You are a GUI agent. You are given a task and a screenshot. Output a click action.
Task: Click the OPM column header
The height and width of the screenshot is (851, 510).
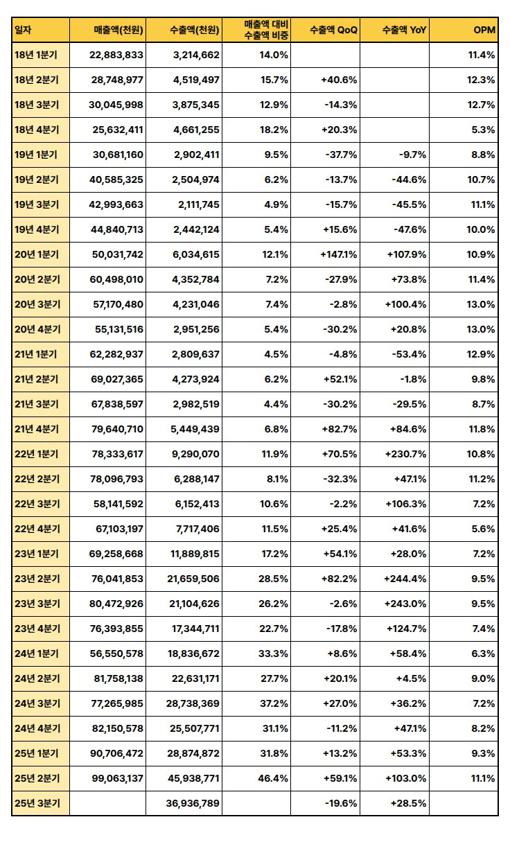coord(484,30)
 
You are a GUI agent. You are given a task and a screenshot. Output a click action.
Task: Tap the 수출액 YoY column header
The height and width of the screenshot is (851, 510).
coord(404,30)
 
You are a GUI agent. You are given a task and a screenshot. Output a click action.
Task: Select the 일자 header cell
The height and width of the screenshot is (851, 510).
coord(23,30)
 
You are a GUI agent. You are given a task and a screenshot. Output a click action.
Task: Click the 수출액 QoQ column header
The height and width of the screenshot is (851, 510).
coord(333,30)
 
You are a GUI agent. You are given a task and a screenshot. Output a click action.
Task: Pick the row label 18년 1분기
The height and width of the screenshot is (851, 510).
coord(36,55)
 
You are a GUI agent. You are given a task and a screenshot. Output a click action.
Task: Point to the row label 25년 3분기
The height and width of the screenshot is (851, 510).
coord(37,803)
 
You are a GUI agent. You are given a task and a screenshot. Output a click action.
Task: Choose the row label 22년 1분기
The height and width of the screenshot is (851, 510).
coord(37,454)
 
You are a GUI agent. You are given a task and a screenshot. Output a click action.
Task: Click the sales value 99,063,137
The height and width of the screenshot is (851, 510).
coord(117,778)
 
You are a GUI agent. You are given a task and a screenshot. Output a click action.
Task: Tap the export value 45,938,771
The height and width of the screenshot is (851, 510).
coord(193,778)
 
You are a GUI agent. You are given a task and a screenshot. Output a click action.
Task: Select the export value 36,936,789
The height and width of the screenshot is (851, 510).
coord(193,803)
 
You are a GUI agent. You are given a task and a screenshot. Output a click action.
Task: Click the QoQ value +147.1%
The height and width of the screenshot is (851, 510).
coord(339,254)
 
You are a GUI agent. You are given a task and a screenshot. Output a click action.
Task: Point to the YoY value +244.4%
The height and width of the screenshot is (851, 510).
coord(405,579)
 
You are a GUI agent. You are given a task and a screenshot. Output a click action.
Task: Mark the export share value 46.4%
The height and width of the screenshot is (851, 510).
coord(273,778)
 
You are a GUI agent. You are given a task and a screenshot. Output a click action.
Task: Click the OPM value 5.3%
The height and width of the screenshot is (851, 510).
coord(483,130)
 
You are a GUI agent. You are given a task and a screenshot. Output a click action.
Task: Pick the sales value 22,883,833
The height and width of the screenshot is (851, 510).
coord(116,55)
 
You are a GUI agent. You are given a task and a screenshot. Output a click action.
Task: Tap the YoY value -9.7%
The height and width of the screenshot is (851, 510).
coord(412,155)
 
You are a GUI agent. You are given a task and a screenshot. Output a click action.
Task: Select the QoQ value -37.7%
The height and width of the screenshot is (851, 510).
coord(341,155)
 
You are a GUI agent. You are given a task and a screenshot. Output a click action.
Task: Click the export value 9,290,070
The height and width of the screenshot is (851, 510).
coord(195,454)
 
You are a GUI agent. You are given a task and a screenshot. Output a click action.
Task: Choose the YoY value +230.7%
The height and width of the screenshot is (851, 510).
coord(405,454)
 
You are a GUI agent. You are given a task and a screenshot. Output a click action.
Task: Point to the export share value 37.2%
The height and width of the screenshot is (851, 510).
coord(274,703)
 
